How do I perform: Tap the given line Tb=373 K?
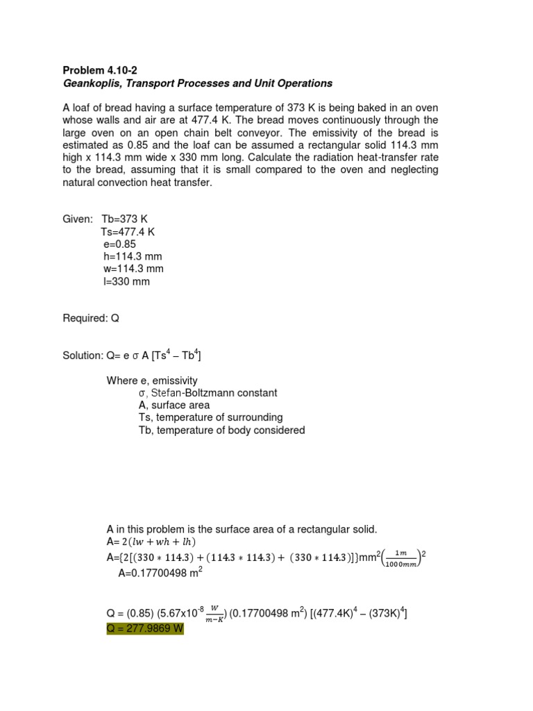tap(125, 219)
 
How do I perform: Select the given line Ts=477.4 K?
tap(128, 232)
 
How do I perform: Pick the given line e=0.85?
tap(119, 244)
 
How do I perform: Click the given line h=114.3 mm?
tap(133, 257)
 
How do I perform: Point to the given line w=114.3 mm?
tap(133, 269)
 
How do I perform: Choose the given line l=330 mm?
tap(126, 282)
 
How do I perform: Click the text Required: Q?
tap(91, 319)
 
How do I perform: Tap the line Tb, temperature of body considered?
tap(221, 430)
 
